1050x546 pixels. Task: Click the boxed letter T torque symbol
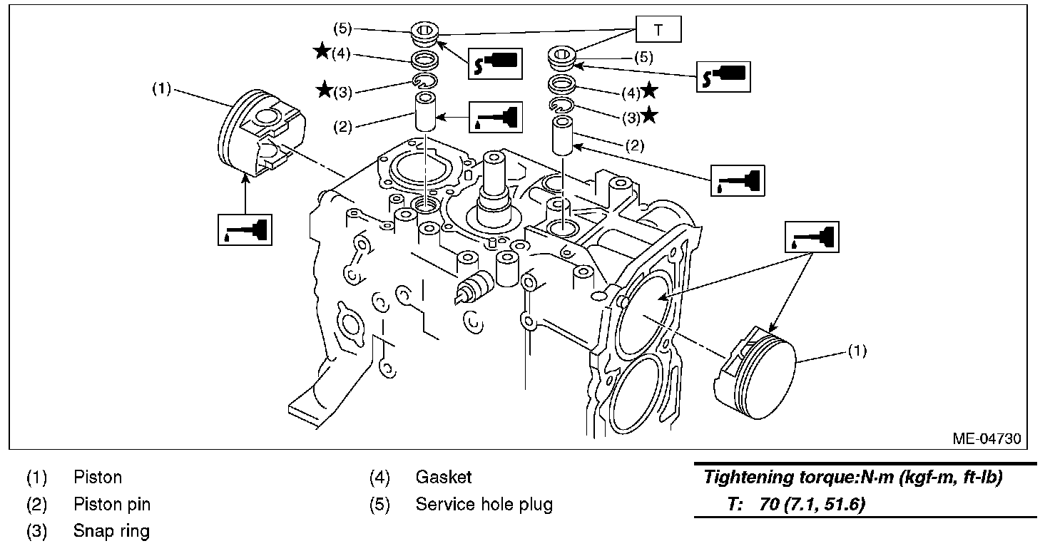click(658, 30)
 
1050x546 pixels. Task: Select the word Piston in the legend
click(98, 477)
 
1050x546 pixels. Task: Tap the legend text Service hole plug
click(484, 505)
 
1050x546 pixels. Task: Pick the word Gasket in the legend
click(443, 477)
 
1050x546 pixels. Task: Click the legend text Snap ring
click(111, 531)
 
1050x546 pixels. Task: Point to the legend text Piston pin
click(112, 505)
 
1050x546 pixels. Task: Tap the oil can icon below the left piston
click(245, 229)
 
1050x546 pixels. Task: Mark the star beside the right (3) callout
click(650, 114)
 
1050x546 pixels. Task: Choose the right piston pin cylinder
click(563, 135)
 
